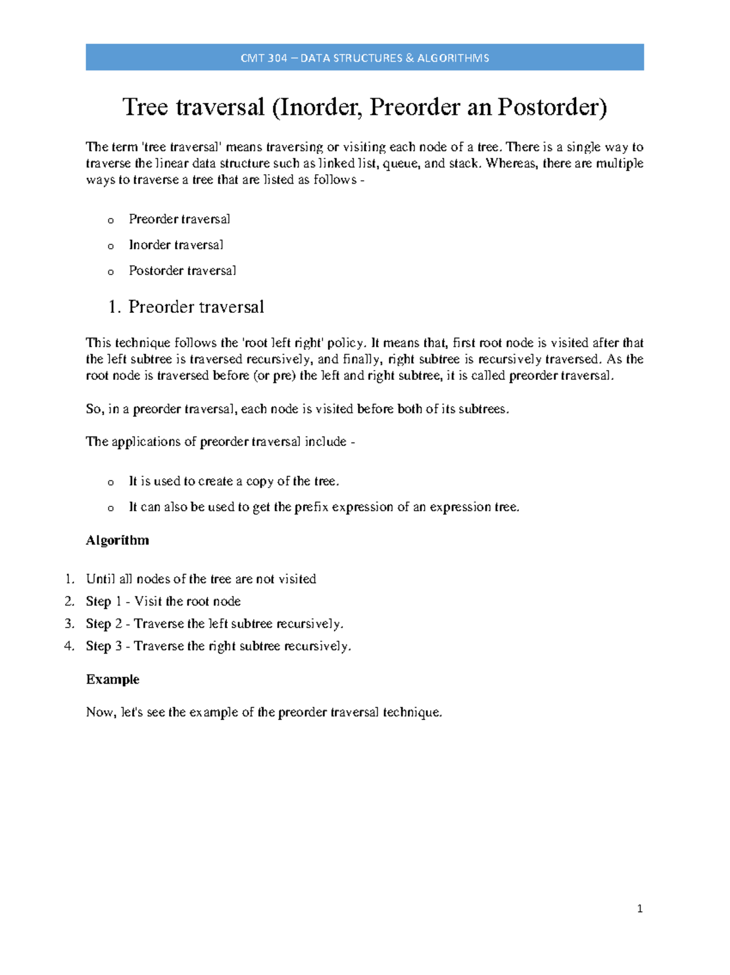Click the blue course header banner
364,58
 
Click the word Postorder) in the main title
552,108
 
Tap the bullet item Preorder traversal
179,219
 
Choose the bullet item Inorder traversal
176,245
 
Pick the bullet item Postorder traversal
182,270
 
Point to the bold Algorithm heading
117,540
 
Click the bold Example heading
113,679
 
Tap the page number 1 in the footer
639,909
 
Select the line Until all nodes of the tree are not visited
201,579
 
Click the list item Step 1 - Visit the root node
163,601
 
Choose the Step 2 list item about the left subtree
214,624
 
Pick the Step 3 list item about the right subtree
218,646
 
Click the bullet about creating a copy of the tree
234,481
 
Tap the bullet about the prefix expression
324,507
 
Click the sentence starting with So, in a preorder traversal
297,409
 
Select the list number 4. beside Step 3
69,646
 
